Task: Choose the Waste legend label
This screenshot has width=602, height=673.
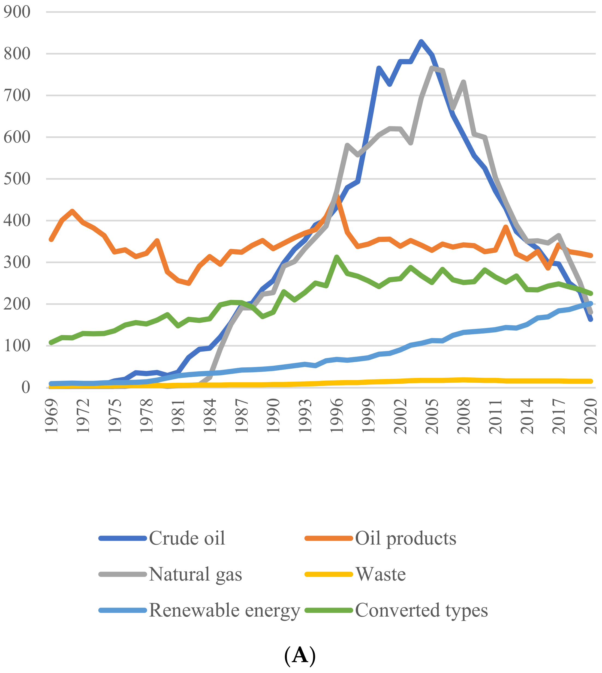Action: point(381,574)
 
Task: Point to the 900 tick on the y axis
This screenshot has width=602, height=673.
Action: point(17,12)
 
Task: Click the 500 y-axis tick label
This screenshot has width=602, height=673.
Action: point(17,179)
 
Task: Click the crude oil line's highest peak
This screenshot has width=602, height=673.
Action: point(421,41)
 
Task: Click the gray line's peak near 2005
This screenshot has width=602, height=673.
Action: point(432,68)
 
